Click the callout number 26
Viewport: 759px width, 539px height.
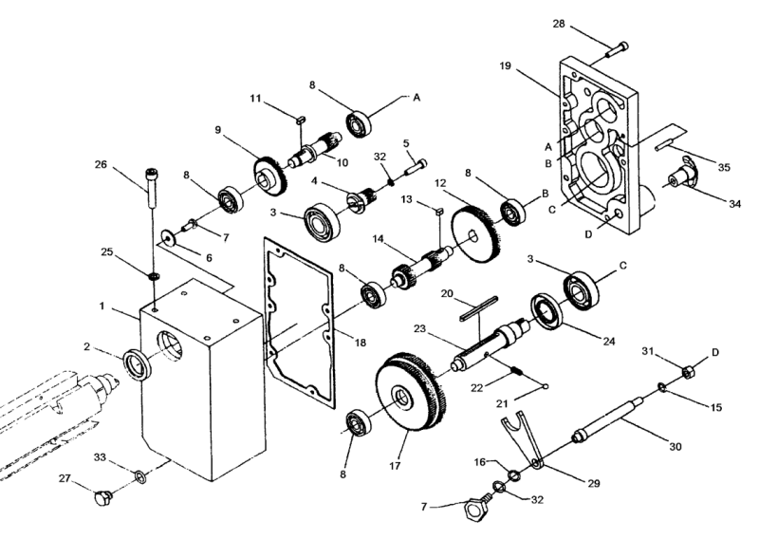[x=101, y=165]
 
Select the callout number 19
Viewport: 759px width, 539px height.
[x=506, y=65]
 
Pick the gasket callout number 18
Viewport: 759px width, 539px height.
[x=361, y=343]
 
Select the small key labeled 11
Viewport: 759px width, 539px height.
[x=299, y=119]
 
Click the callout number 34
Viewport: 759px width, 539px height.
[x=734, y=204]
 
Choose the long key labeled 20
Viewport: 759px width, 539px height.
[x=479, y=308]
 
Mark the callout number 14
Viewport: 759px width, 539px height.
[x=378, y=239]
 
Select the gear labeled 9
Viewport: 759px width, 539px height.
[x=270, y=176]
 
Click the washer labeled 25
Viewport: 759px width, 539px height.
[x=154, y=276]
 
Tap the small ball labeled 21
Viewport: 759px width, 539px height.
[x=546, y=386]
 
